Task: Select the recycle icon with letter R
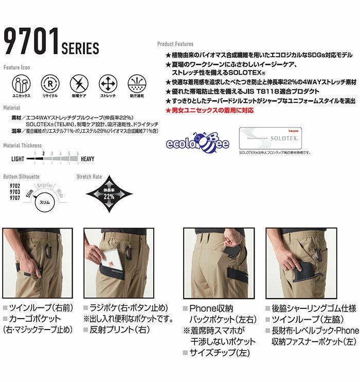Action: tap(50, 83)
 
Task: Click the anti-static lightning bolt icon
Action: tap(79, 83)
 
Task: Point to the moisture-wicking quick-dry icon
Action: tap(137, 83)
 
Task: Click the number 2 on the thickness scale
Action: tap(44, 153)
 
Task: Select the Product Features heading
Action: tap(175, 45)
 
